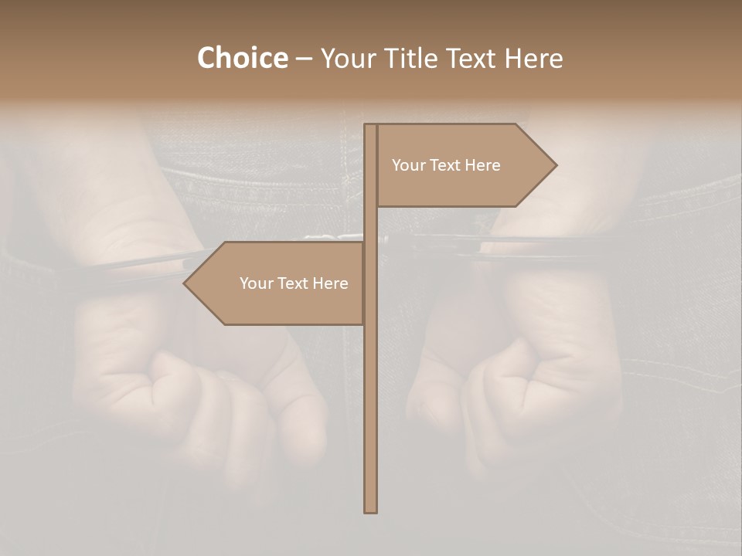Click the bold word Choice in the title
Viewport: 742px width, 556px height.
pyautogui.click(x=242, y=59)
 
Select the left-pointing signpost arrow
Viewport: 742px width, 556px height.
pyautogui.click(x=274, y=283)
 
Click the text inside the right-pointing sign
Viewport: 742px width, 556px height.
pyautogui.click(x=446, y=165)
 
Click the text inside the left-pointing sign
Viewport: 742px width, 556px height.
pyautogui.click(x=294, y=283)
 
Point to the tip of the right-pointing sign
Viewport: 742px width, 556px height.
pyautogui.click(x=555, y=165)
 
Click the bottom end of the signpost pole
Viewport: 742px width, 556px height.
pyautogui.click(x=371, y=510)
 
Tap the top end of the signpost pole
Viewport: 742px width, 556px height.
pyautogui.click(x=371, y=126)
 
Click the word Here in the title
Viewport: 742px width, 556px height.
pyautogui.click(x=533, y=59)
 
